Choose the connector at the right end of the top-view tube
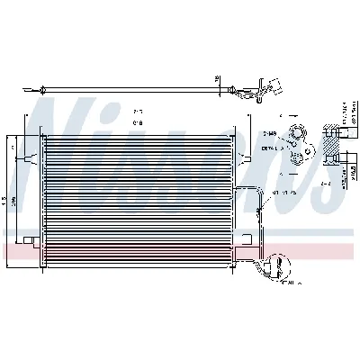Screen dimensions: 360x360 [x=267, y=89]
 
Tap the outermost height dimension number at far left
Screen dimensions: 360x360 [x=6, y=201]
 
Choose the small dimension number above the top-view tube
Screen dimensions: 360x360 [x=217, y=78]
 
